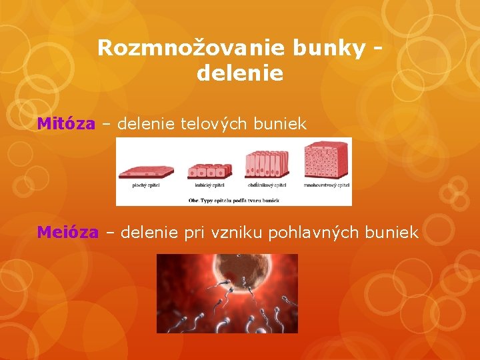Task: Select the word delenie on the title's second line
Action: coord(240,73)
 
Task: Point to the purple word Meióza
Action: coord(68,232)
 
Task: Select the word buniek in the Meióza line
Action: coord(395,232)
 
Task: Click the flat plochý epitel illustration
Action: coord(145,171)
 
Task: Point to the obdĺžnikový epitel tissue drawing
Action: coord(267,164)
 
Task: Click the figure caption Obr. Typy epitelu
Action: coord(233,199)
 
